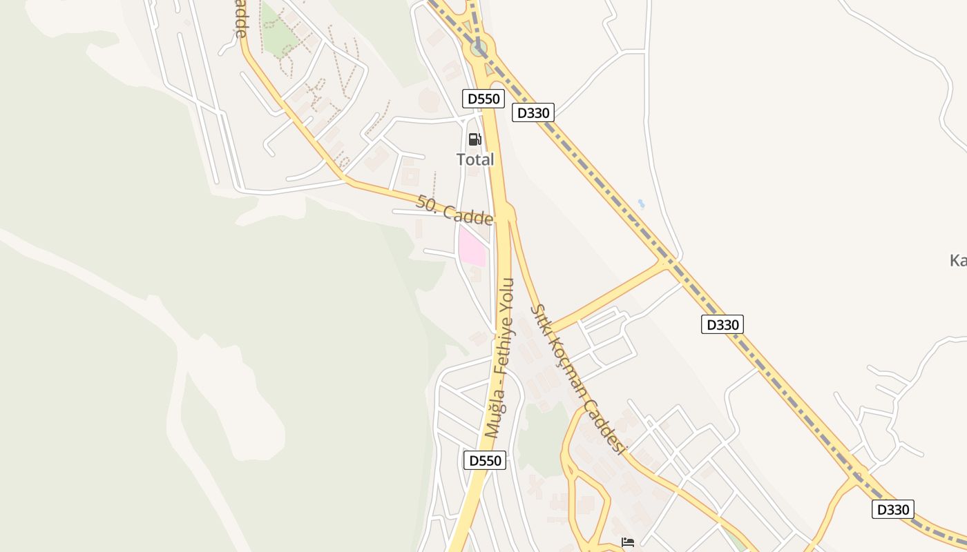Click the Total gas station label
tap(475, 159)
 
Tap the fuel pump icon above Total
tap(475, 139)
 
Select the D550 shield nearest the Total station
tap(483, 99)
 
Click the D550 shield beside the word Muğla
tap(484, 460)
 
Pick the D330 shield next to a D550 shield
tap(533, 112)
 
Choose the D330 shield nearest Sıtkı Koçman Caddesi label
tap(722, 324)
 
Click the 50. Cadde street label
tap(454, 210)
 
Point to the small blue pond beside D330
tap(642, 204)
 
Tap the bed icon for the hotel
tap(628, 542)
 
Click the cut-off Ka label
tap(958, 261)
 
